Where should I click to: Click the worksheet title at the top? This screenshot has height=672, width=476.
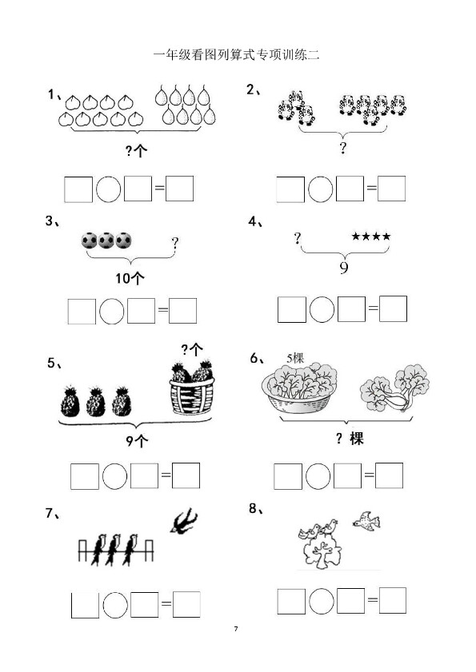pos(236,55)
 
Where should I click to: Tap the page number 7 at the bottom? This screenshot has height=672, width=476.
pos(236,629)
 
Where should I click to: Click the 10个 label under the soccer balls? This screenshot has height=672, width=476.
pos(130,279)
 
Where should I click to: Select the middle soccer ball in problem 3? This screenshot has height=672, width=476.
pos(106,241)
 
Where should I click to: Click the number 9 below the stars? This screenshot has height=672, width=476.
pos(344,268)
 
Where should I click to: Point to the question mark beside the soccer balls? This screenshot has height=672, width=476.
pos(174,243)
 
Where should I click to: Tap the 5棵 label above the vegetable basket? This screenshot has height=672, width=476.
pos(295,358)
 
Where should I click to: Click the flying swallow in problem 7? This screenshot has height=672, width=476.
pos(184,521)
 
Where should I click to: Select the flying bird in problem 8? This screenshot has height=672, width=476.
pos(366,521)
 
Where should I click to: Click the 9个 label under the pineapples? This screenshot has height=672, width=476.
pos(137,440)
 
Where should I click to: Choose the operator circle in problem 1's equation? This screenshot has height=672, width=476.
pos(108,189)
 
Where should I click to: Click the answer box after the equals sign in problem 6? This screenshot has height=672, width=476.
pos(389,475)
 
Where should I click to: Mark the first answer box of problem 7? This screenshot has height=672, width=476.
pos(85,605)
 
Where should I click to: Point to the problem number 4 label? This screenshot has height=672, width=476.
pos(256,221)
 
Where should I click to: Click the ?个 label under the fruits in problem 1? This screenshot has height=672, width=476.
pos(136,150)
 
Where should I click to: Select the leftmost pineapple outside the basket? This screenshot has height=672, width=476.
pos(70,402)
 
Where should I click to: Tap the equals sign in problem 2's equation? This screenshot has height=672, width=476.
pos(371,188)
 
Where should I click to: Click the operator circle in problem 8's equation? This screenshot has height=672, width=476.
pos(322,602)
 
